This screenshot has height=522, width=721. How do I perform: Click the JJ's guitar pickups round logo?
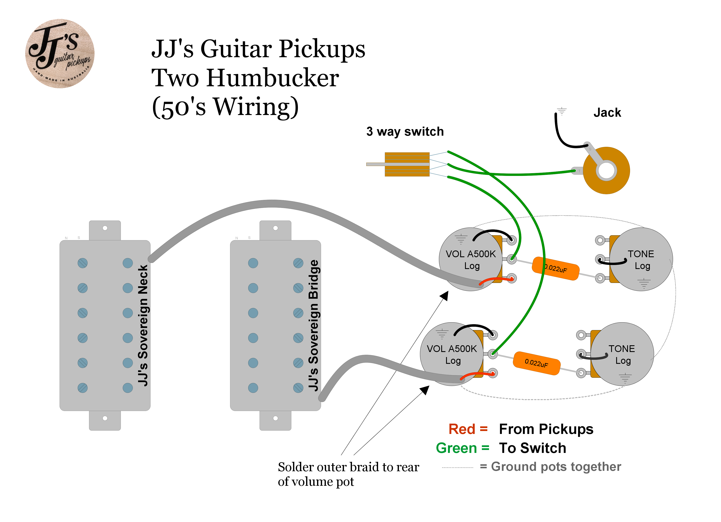[60, 54]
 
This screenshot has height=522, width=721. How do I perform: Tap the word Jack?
[607, 113]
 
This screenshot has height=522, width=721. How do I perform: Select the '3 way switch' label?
[405, 131]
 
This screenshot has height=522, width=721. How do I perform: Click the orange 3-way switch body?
[407, 164]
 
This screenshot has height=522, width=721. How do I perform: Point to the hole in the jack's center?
[606, 170]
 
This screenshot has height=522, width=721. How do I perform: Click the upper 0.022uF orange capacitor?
[555, 268]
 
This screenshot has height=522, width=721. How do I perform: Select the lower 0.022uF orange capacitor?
[536, 363]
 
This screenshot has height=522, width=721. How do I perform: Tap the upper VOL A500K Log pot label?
[471, 260]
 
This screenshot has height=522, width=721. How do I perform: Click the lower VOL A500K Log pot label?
[452, 354]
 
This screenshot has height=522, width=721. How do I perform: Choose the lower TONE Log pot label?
[622, 354]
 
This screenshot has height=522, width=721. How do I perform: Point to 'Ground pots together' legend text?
[556, 467]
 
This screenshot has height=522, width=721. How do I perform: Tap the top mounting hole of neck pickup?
[105, 228]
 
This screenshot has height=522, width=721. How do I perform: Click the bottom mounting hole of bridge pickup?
[276, 418]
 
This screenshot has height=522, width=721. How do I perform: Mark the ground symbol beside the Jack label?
[562, 111]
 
